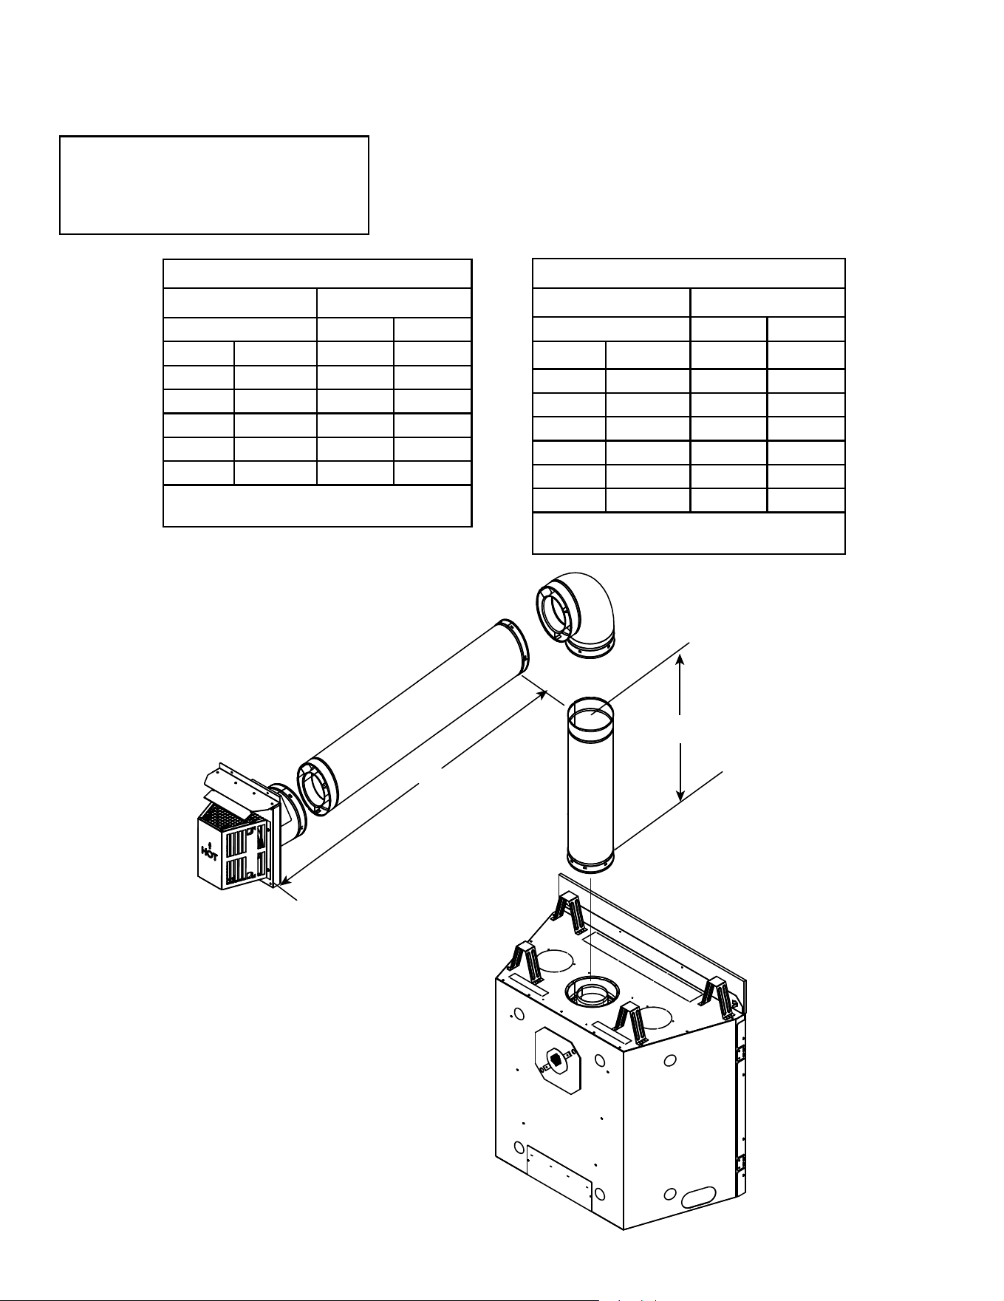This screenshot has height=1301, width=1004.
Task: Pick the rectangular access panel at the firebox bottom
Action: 560,1178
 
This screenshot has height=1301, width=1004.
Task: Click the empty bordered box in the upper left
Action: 214,185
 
